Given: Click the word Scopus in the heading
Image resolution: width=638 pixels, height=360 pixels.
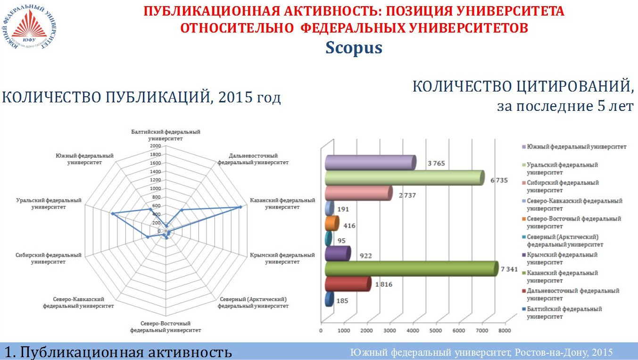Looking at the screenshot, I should pos(354,48).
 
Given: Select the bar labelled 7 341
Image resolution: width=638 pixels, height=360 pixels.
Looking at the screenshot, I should pos(410,268).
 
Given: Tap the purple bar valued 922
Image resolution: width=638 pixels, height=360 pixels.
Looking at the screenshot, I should pos(337,254).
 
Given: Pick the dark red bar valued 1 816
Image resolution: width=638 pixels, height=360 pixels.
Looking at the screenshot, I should pos(348,284).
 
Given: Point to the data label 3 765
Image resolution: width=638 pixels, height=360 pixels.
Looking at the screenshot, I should pos(436,164).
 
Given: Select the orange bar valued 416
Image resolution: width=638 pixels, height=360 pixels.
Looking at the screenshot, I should pos(331,223).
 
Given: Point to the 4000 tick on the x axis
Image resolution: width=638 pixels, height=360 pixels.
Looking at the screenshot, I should pos(413,331).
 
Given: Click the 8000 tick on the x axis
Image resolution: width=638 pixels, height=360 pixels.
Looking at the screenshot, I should pos(505,331).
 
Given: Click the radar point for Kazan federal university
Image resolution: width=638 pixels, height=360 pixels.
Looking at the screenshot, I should pos(240,207).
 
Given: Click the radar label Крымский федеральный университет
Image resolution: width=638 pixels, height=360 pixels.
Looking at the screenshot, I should pos(282,258).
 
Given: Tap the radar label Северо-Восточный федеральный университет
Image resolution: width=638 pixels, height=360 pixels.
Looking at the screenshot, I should pos(166,327).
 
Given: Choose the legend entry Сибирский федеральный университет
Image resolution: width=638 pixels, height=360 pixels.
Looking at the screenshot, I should pos(562,186).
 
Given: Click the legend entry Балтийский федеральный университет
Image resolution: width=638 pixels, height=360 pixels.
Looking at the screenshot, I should pos(563,313).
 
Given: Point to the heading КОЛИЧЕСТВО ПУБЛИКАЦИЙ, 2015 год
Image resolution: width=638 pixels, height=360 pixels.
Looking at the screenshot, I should pos(141,98).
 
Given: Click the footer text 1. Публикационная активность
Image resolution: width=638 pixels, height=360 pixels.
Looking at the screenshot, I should pos(118,352).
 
